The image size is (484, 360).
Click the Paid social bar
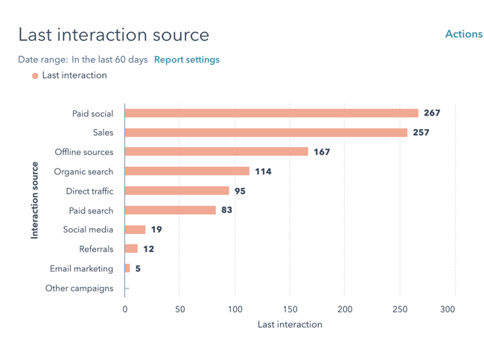click(271, 113)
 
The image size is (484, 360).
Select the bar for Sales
click(266, 133)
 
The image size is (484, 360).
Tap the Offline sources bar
click(216, 152)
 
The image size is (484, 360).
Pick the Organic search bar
click(187, 171)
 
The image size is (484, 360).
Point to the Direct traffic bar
click(176, 191)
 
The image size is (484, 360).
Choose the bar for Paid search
click(170, 210)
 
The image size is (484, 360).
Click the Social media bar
click(135, 230)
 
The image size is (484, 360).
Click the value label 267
click(432, 113)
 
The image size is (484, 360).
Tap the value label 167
click(322, 152)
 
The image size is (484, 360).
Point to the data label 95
click(240, 191)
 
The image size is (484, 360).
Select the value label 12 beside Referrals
click(149, 249)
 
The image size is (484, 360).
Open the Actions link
click(463, 34)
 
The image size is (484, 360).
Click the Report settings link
click(187, 60)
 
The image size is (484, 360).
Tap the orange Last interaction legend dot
click(35, 75)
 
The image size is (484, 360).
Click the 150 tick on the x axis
click(290, 309)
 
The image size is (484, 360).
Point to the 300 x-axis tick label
click(448, 309)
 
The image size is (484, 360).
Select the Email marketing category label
click(82, 268)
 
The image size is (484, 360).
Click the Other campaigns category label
click(80, 288)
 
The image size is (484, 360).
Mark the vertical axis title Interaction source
click(34, 200)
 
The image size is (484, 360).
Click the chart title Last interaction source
click(113, 34)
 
